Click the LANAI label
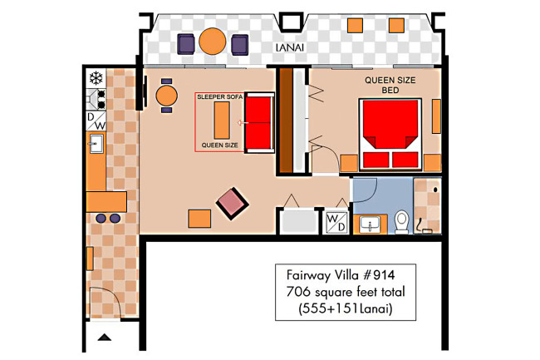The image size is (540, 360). (290, 47)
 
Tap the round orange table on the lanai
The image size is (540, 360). (213, 41)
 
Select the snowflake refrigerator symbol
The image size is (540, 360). (96, 78)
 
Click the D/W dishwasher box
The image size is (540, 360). (96, 121)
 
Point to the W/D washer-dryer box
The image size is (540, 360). (336, 222)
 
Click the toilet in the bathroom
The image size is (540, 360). (401, 222)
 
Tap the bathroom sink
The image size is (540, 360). (370, 224)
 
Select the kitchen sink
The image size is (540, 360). (96, 144)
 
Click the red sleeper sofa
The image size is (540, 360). (259, 122)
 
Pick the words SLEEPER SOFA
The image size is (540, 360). (219, 97)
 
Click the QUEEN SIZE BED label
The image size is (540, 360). (390, 85)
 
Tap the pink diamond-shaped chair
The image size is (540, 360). (232, 204)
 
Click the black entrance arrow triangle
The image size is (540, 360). (105, 338)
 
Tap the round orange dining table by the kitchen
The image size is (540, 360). (167, 96)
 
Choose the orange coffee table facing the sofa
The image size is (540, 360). (222, 121)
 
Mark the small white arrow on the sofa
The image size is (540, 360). (243, 123)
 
